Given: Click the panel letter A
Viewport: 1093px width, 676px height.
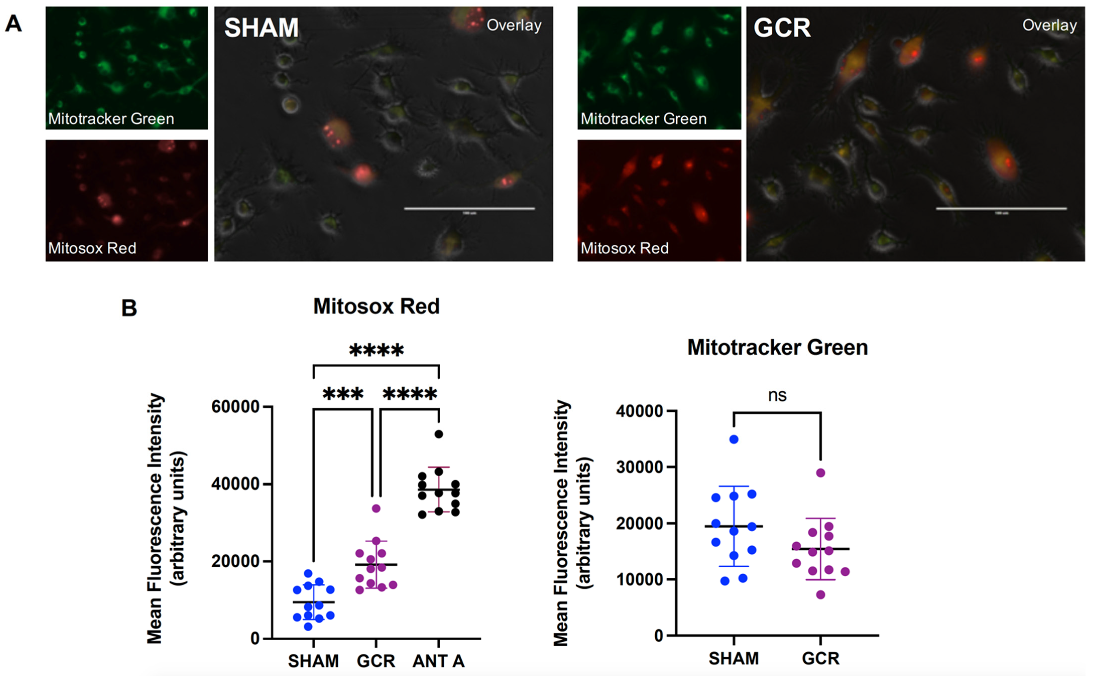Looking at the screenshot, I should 13,23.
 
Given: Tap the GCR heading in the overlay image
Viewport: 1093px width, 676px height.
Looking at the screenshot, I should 782,28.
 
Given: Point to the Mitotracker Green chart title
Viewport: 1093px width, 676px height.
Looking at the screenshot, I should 777,347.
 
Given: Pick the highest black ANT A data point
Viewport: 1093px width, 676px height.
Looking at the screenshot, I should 439,434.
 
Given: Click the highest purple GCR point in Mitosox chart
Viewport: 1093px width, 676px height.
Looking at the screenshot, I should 376,508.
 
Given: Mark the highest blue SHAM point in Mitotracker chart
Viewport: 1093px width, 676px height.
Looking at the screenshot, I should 734,439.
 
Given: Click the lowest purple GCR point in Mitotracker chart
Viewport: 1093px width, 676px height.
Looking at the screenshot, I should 821,595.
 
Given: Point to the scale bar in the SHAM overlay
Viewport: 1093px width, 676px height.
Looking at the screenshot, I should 469,208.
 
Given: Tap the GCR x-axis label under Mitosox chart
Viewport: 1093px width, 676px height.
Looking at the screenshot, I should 376,661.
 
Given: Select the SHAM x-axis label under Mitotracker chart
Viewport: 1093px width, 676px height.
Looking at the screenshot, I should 734,658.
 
